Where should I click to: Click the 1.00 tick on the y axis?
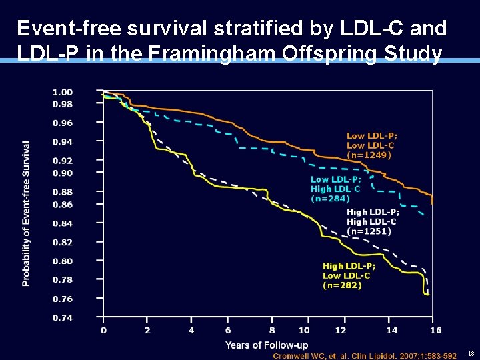tap(63, 92)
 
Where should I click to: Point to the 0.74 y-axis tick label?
tap(63, 318)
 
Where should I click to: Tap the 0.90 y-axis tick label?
tap(63, 173)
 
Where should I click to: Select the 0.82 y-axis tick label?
tap(63, 243)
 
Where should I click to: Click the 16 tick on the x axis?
tap(436, 331)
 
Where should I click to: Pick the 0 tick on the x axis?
tap(103, 331)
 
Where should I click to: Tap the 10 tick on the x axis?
tap(304, 331)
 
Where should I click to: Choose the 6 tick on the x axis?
tap(228, 331)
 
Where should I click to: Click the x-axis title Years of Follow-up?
tap(267, 345)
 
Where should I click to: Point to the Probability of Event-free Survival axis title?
tap(26, 213)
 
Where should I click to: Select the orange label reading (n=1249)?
tap(369, 155)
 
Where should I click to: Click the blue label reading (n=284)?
tap(330, 198)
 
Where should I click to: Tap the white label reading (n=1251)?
tap(369, 231)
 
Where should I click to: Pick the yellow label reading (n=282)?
tap(342, 285)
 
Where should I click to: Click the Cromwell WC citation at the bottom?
tap(365, 356)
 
